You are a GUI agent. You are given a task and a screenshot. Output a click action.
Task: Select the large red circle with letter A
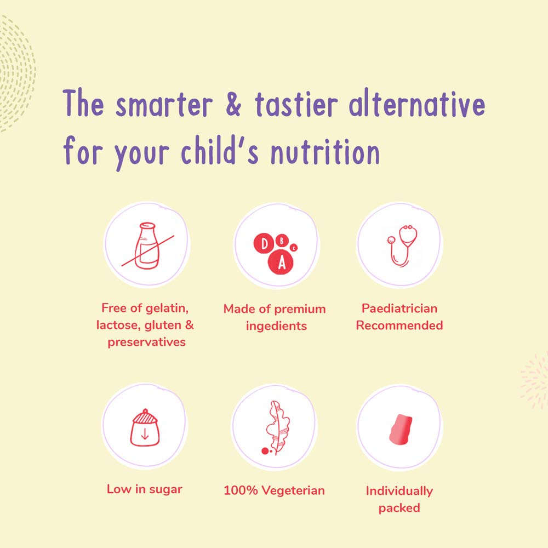pyautogui.click(x=281, y=262)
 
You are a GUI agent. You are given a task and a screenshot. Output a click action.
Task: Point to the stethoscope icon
pyautogui.click(x=402, y=246)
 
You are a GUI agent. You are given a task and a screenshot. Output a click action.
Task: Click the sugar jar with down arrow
pyautogui.click(x=145, y=428)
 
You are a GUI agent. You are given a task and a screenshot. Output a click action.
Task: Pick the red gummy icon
pyautogui.click(x=401, y=430)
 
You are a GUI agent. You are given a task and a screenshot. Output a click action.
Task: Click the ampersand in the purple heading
pyautogui.click(x=233, y=104)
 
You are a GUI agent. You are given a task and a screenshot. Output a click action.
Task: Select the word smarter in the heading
pyautogui.click(x=164, y=105)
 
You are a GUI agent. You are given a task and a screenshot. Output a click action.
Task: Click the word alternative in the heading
pyautogui.click(x=416, y=103)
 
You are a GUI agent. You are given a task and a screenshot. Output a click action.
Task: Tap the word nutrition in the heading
pyautogui.click(x=326, y=151)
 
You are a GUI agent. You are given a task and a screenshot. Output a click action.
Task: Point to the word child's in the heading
pyautogui.click(x=220, y=150)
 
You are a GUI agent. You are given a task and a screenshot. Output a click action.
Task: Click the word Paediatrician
pyautogui.click(x=399, y=308)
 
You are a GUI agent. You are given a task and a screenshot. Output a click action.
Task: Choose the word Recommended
pyautogui.click(x=399, y=326)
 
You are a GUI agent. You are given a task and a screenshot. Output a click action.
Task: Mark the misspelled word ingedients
pyautogui.click(x=276, y=327)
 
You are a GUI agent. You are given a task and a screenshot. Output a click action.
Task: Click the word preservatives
pyautogui.click(x=146, y=342)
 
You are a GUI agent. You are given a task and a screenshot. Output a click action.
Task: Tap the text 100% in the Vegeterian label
pyautogui.click(x=241, y=490)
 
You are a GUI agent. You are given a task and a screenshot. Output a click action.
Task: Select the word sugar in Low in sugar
pyautogui.click(x=166, y=489)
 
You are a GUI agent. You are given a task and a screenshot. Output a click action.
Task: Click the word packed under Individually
pyautogui.click(x=399, y=508)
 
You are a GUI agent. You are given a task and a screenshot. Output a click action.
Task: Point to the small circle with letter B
pyautogui.click(x=282, y=241)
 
